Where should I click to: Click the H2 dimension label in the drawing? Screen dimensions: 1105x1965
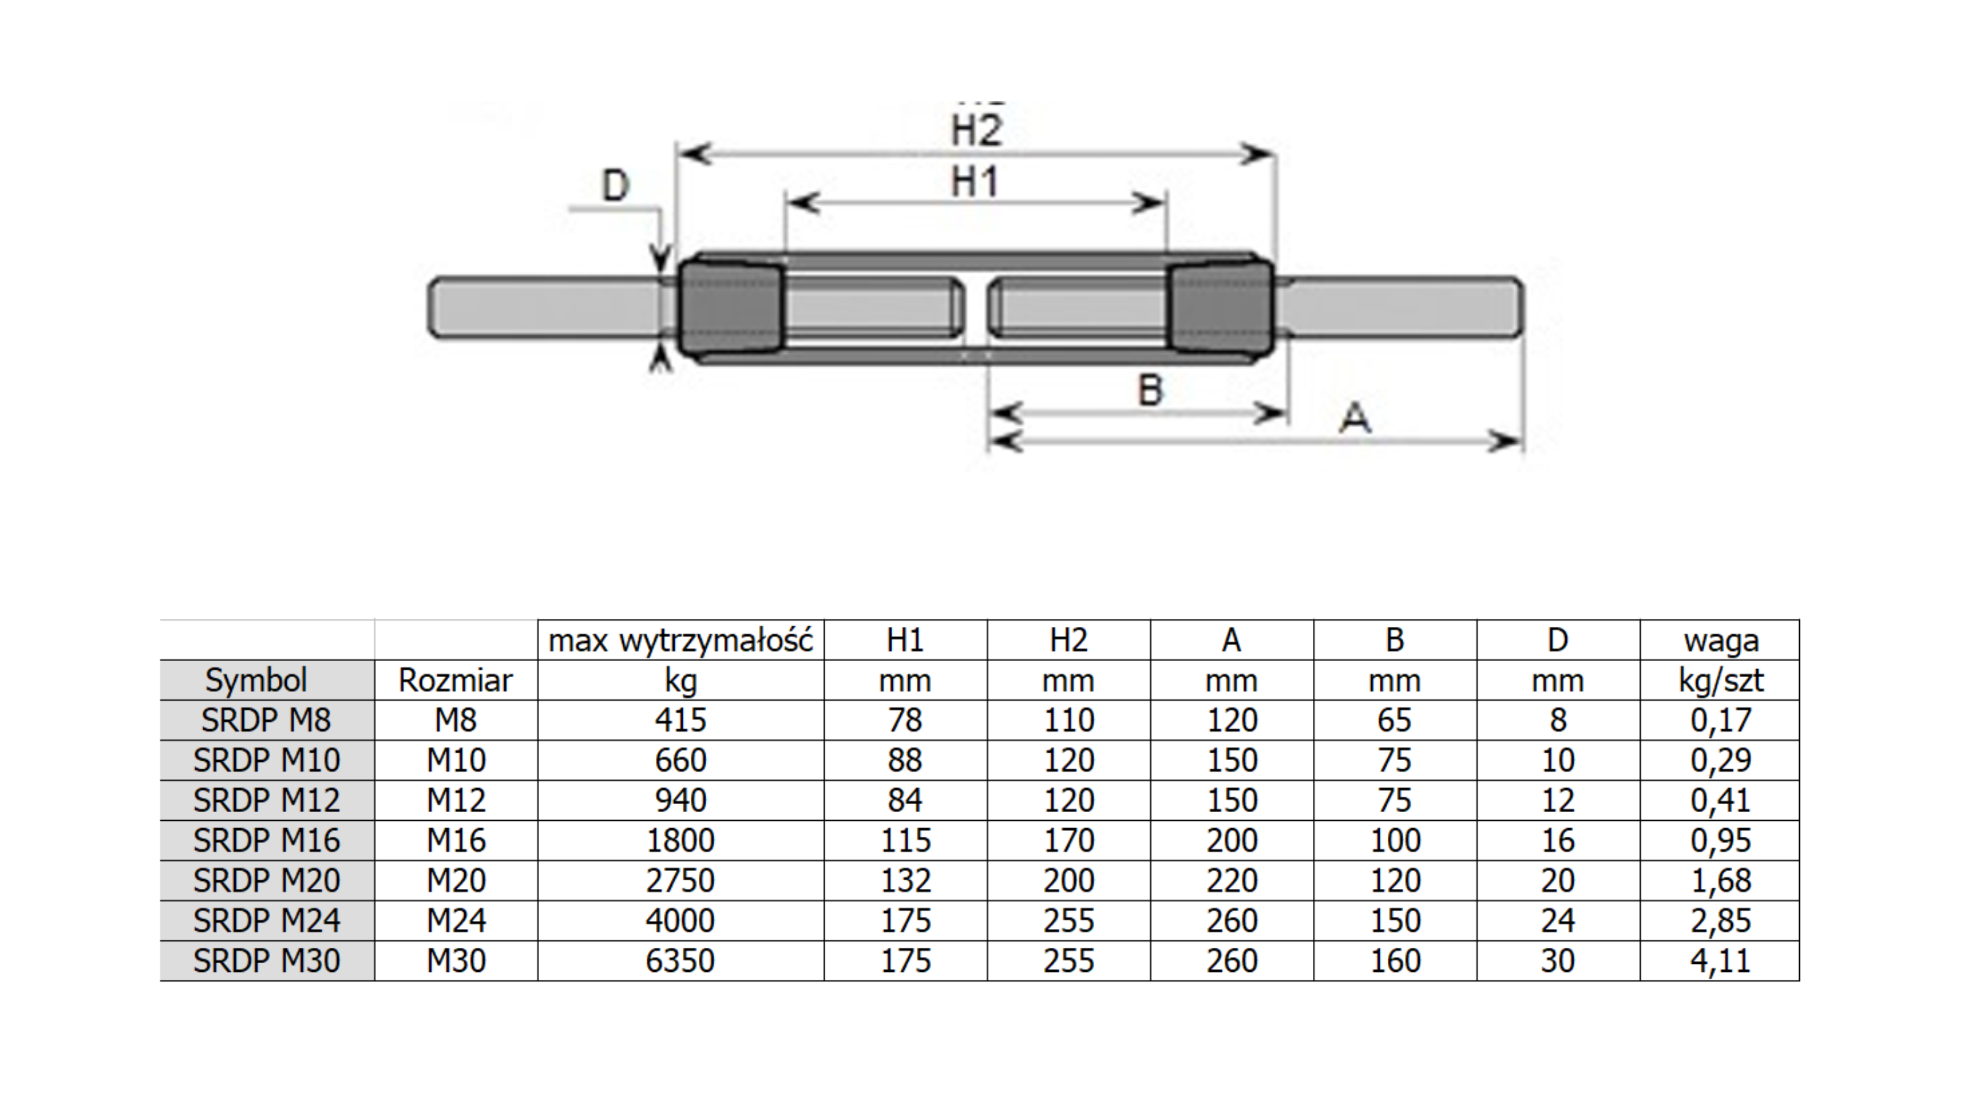pos(976,130)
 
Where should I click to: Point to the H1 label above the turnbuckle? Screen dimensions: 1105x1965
pos(974,183)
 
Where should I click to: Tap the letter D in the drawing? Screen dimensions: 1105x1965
pos(615,186)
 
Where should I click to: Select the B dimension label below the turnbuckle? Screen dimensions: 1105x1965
pos(1150,390)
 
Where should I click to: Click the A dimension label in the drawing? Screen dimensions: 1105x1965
pos(1355,418)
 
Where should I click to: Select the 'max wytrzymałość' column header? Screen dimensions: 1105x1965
pos(680,640)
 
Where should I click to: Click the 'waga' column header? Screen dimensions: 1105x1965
pos(1720,640)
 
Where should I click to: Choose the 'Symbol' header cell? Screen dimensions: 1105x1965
pos(256,680)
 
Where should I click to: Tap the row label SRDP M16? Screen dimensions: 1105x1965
pos(267,840)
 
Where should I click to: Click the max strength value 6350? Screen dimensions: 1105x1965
pos(680,961)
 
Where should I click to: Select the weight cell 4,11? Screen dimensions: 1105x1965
pos(1720,961)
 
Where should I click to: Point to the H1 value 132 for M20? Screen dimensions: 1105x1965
pos(906,881)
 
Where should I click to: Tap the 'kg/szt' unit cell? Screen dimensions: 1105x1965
pos(1720,680)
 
